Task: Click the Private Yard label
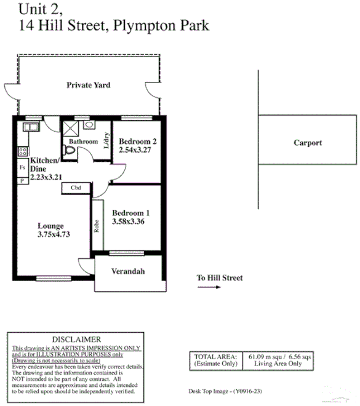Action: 89,85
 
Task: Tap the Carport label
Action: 307,143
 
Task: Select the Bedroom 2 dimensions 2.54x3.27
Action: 138,149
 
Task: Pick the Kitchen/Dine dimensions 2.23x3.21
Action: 47,176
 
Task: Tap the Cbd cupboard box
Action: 76,188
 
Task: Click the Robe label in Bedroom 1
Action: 97,228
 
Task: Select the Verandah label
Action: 128,271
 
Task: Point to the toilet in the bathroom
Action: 68,150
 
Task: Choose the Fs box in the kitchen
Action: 22,167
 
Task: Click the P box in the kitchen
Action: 22,181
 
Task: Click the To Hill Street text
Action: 220,278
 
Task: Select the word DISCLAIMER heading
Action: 76,339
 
